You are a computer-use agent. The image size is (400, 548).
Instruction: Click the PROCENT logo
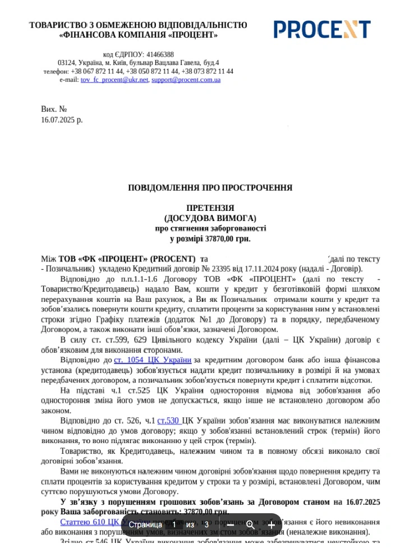[x=322, y=29]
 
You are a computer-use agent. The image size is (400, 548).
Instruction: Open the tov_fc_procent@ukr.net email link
[x=114, y=80]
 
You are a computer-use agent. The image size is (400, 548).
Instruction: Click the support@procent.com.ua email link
[x=186, y=80]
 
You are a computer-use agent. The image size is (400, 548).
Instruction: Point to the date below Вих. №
[x=62, y=119]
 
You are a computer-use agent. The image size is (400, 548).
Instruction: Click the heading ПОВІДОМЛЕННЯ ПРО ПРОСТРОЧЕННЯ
[x=210, y=188]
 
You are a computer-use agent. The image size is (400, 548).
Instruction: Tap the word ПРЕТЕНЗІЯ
[x=210, y=208]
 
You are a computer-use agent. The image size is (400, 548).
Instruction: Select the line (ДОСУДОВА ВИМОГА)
[x=210, y=218]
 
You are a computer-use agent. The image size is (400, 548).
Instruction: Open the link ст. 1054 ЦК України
[x=153, y=360]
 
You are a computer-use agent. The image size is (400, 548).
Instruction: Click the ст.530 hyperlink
[x=168, y=420]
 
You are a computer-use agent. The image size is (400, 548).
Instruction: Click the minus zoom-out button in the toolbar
[x=230, y=524]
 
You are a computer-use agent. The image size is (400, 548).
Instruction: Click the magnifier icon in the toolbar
[x=250, y=524]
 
